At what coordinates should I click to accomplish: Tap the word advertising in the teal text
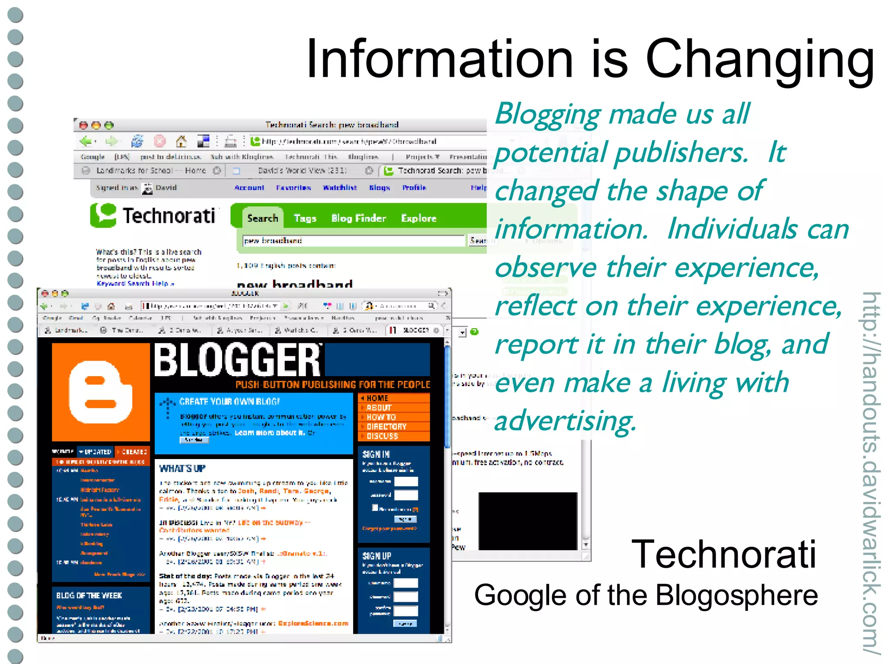565,421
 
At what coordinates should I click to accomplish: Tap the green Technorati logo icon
103,215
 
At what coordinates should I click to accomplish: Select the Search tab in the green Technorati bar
262,218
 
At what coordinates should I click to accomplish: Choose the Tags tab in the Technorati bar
305,218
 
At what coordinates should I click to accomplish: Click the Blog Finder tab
358,218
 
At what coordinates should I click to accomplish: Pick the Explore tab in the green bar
418,218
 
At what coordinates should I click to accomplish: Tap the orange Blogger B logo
101,392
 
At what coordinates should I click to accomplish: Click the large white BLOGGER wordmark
238,360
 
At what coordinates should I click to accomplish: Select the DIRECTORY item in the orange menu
386,427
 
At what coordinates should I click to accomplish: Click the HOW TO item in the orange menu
381,417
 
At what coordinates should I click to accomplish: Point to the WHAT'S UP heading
182,469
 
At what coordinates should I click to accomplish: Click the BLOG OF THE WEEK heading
89,595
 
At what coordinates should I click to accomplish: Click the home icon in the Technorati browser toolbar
181,141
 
